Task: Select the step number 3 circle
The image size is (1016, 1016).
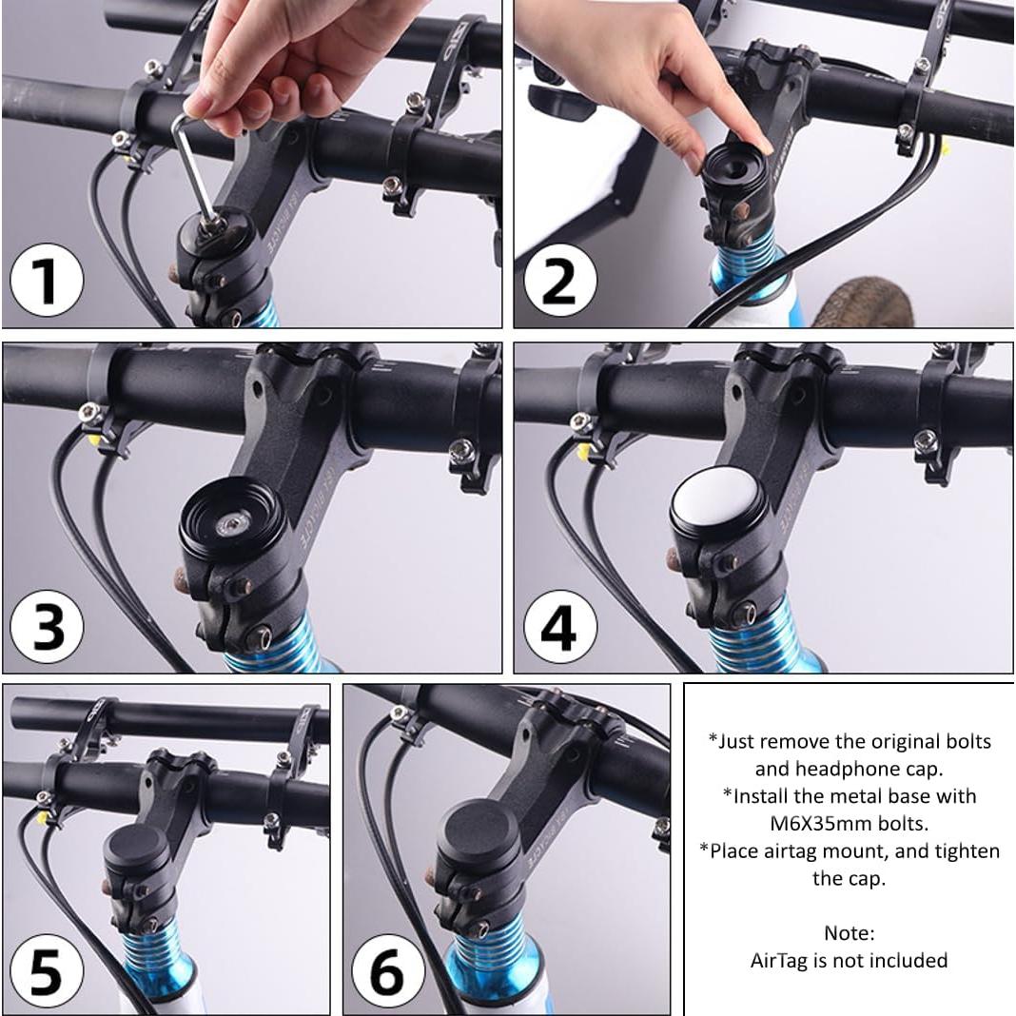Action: (x=47, y=627)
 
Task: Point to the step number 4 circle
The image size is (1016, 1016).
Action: (x=558, y=627)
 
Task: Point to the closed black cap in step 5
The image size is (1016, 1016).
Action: (x=139, y=847)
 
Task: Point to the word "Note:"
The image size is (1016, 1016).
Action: (x=849, y=933)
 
